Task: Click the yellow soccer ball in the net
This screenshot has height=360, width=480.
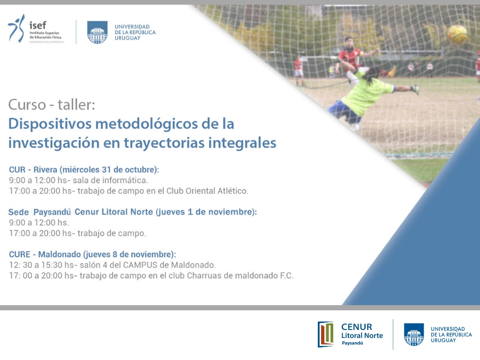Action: click(x=457, y=35)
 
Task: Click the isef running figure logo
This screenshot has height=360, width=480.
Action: click(x=16, y=28)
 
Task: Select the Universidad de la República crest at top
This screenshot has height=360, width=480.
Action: click(x=97, y=32)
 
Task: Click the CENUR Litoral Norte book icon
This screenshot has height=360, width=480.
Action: click(x=326, y=334)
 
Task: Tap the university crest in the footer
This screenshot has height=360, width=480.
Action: click(x=414, y=335)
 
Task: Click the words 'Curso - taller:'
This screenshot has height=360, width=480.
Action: click(x=52, y=105)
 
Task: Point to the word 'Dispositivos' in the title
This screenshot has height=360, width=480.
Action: click(x=50, y=124)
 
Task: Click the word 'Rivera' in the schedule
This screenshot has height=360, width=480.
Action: click(x=45, y=170)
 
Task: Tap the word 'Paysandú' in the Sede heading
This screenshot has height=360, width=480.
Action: click(x=52, y=212)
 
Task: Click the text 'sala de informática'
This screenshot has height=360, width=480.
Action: click(x=110, y=180)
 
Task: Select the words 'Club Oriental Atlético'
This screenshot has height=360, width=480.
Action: click(x=207, y=191)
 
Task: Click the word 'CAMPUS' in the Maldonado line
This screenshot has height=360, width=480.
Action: click(x=140, y=265)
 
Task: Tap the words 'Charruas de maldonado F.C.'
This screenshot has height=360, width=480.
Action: click(x=240, y=276)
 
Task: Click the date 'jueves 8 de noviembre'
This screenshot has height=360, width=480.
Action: click(x=129, y=255)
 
